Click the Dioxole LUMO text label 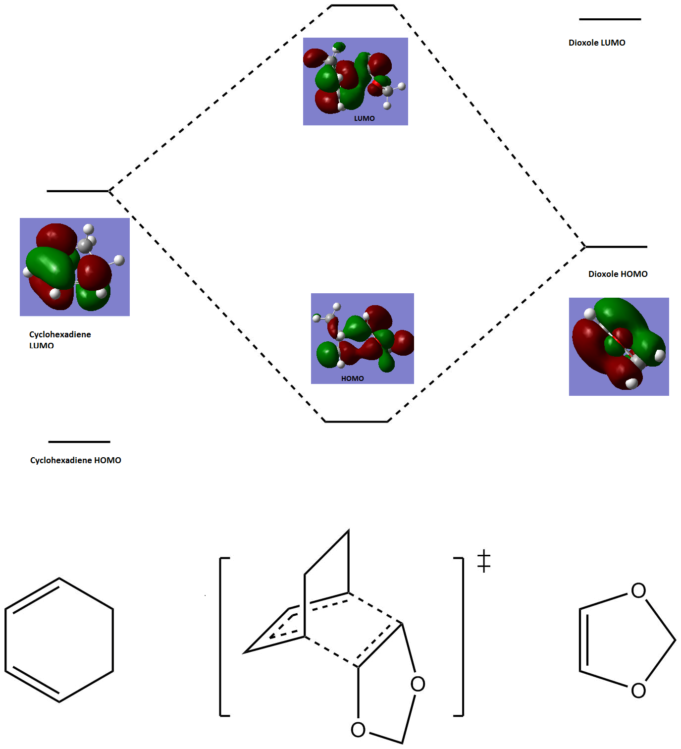(597, 43)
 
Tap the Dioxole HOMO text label (618, 274)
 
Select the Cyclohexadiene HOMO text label (75, 460)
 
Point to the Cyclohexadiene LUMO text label (60, 339)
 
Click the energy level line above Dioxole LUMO (610, 19)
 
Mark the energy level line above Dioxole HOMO (616, 247)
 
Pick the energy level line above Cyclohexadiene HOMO (79, 441)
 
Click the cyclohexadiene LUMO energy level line (77, 191)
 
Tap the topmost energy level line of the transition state (362, 5)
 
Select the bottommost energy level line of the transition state (356, 422)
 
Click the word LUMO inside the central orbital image (364, 118)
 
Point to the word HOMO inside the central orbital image (352, 378)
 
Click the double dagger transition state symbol (484, 561)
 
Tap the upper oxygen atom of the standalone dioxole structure (638, 590)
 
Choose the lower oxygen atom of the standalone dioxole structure (638, 690)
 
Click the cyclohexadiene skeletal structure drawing (59, 640)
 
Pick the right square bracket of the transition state (460, 637)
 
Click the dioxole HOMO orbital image (619, 347)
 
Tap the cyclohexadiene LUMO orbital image (75, 267)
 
